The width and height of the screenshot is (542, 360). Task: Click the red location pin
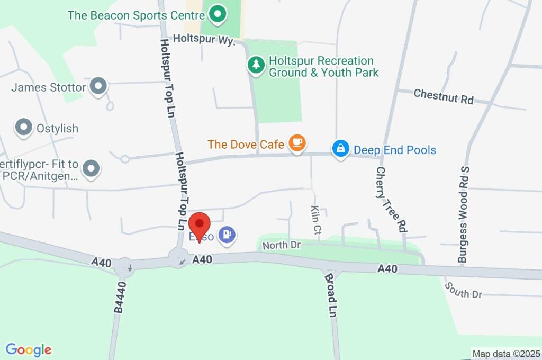(200, 225)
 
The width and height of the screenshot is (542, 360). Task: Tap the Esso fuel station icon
(228, 235)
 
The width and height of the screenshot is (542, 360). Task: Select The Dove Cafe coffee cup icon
(297, 143)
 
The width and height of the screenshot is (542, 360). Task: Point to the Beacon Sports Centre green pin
(217, 14)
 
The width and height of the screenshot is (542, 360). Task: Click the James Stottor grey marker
(98, 86)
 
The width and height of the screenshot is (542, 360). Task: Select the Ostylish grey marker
(23, 127)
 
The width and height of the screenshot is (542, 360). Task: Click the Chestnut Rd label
(444, 96)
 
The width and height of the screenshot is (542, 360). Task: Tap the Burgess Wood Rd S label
(464, 214)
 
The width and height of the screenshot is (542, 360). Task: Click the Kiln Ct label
(316, 220)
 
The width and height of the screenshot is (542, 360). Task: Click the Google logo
(29, 350)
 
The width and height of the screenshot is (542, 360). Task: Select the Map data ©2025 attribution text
(506, 354)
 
